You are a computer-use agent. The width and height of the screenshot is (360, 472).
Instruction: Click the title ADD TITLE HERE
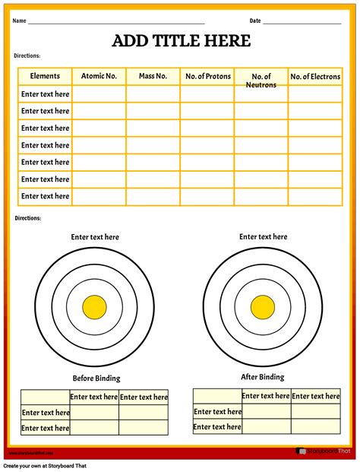pos(181,41)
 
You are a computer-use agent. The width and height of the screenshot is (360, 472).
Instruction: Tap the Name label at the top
pos(19,21)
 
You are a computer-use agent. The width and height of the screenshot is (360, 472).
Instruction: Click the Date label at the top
pos(255,21)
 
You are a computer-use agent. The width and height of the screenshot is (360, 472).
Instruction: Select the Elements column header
pos(45,76)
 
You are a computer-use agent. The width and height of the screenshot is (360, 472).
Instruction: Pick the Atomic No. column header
pos(99,76)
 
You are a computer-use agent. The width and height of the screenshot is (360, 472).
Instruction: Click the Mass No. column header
pos(153,76)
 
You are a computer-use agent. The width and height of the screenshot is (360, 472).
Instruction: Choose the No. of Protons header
pos(207,76)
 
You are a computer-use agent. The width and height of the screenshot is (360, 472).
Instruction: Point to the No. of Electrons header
pos(315,76)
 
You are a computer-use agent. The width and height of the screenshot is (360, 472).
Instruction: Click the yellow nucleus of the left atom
pos(95,307)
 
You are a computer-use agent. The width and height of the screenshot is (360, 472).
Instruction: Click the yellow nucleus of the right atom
pos(263,306)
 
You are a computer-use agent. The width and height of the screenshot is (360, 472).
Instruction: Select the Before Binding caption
pos(96,379)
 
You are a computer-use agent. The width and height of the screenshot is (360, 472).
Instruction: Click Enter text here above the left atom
pos(95,237)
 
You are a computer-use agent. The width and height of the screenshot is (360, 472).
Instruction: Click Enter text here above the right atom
pos(264,237)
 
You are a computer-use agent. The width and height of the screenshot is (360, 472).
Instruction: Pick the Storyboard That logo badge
pos(324,451)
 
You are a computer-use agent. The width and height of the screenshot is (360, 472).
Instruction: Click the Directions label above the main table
pos(27,56)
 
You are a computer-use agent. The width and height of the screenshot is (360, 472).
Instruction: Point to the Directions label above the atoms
pos(27,218)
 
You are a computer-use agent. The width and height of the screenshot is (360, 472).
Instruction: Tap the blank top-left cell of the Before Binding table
pos(45,397)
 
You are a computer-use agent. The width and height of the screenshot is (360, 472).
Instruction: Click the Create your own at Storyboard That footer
pos(45,465)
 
